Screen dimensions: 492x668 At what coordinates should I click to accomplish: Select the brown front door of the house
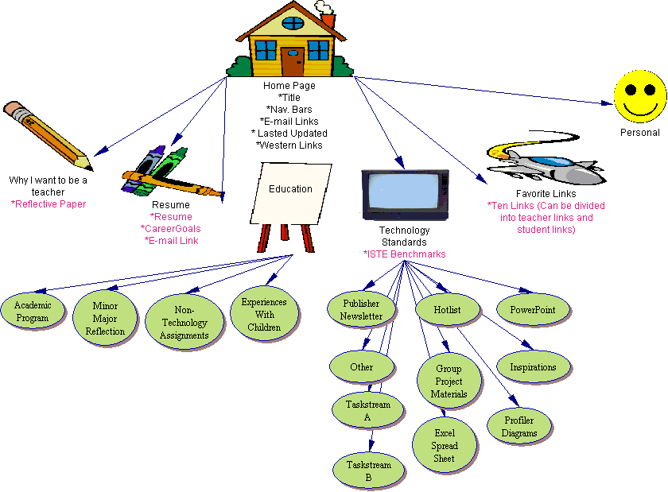[x=292, y=61]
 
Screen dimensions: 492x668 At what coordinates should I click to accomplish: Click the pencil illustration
[x=48, y=134]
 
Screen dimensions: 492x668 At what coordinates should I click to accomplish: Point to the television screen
[x=404, y=192]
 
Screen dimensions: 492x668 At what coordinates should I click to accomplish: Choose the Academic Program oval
[x=32, y=312]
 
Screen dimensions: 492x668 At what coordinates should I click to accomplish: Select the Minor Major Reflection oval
[x=105, y=318]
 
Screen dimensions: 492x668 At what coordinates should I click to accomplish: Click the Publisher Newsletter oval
[x=361, y=309]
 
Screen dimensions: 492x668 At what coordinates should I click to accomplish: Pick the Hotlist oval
[x=447, y=309]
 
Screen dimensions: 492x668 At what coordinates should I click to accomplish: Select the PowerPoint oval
[x=532, y=309]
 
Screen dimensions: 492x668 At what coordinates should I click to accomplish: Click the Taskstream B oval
[x=368, y=471]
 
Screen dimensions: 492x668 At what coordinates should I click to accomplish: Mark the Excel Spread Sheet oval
[x=445, y=446]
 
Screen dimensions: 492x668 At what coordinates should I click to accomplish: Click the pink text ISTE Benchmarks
[x=404, y=254]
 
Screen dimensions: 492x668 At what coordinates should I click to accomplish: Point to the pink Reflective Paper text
[x=48, y=203]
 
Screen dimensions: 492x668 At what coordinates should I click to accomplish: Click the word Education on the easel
[x=290, y=188]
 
